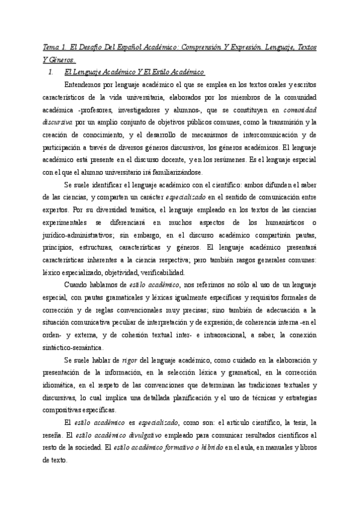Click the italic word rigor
[131, 361]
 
